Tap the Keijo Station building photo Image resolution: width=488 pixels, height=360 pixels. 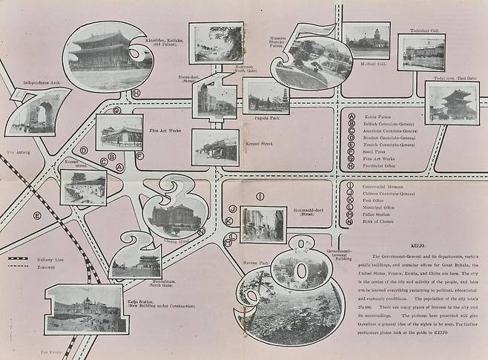click(85, 307)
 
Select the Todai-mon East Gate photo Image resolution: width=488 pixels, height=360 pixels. click(452, 102)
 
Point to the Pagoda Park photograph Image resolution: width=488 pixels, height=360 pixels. click(265, 96)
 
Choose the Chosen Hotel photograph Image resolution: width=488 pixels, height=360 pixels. click(175, 216)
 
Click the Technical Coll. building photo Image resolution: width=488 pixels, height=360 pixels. click(421, 52)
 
